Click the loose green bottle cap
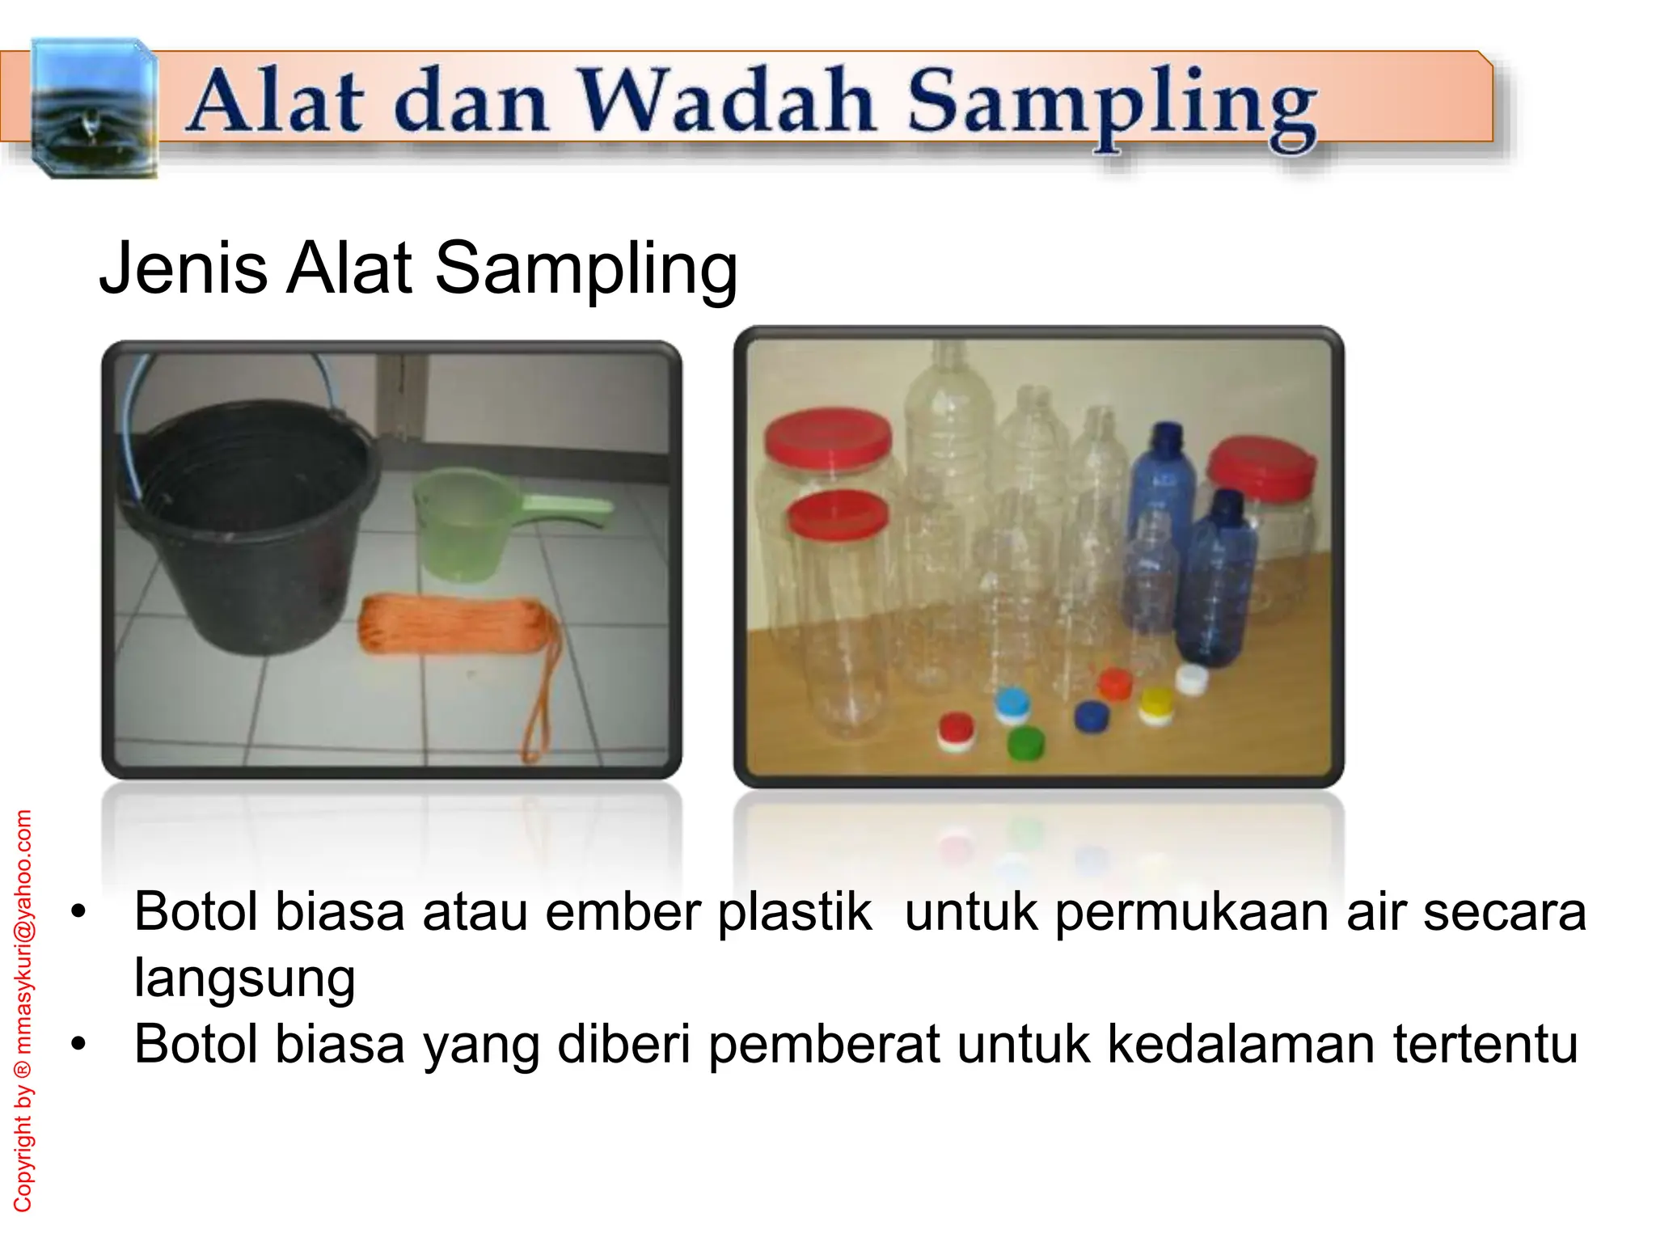coord(1025,742)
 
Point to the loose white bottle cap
coord(1191,678)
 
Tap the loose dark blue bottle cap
coord(1091,716)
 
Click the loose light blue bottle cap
coord(1012,704)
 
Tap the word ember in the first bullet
coord(624,912)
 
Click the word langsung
coord(244,978)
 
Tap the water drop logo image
coord(93,107)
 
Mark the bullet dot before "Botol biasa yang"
coord(78,1045)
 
